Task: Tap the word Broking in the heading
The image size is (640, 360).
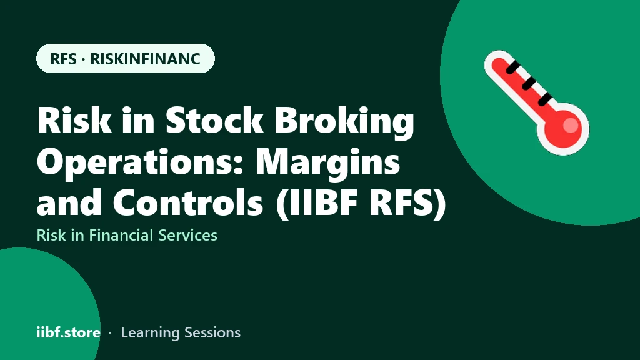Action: (x=344, y=122)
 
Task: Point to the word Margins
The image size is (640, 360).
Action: (x=327, y=163)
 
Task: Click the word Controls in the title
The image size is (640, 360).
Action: (x=187, y=202)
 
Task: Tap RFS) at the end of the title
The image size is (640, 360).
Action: (x=407, y=203)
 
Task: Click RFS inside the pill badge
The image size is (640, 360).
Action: (x=63, y=59)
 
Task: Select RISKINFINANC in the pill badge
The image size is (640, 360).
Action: (x=145, y=59)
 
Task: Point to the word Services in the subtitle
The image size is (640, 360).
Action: (x=187, y=235)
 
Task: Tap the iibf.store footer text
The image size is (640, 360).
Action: (x=69, y=332)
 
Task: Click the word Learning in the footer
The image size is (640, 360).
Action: (x=150, y=333)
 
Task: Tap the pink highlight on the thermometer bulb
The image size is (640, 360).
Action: (x=571, y=125)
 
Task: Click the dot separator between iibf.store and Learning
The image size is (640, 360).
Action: (x=110, y=333)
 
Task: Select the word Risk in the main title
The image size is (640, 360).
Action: (x=74, y=120)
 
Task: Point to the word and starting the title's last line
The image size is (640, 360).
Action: (x=69, y=202)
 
